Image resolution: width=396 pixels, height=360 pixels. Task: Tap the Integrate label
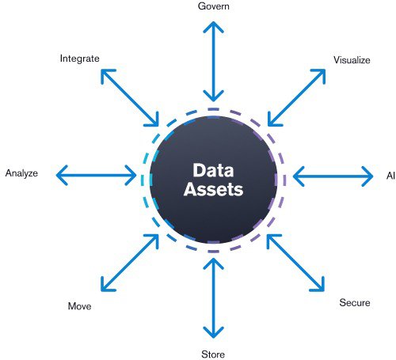click(78, 58)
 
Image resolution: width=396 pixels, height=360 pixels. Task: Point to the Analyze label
click(21, 172)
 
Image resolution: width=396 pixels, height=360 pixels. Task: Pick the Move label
click(80, 305)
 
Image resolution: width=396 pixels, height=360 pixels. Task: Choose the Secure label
click(354, 303)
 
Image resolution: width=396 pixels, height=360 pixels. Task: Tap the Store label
click(212, 354)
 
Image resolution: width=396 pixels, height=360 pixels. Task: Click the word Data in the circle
click(211, 170)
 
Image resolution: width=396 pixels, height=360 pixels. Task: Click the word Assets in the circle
click(211, 190)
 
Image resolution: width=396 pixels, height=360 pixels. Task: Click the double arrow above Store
click(211, 297)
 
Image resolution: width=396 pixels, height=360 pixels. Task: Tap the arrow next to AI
click(333, 174)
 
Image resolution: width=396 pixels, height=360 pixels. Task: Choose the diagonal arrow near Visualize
click(296, 97)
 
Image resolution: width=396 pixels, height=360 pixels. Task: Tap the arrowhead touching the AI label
click(367, 174)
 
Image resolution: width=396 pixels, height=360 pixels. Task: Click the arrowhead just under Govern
click(211, 25)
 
